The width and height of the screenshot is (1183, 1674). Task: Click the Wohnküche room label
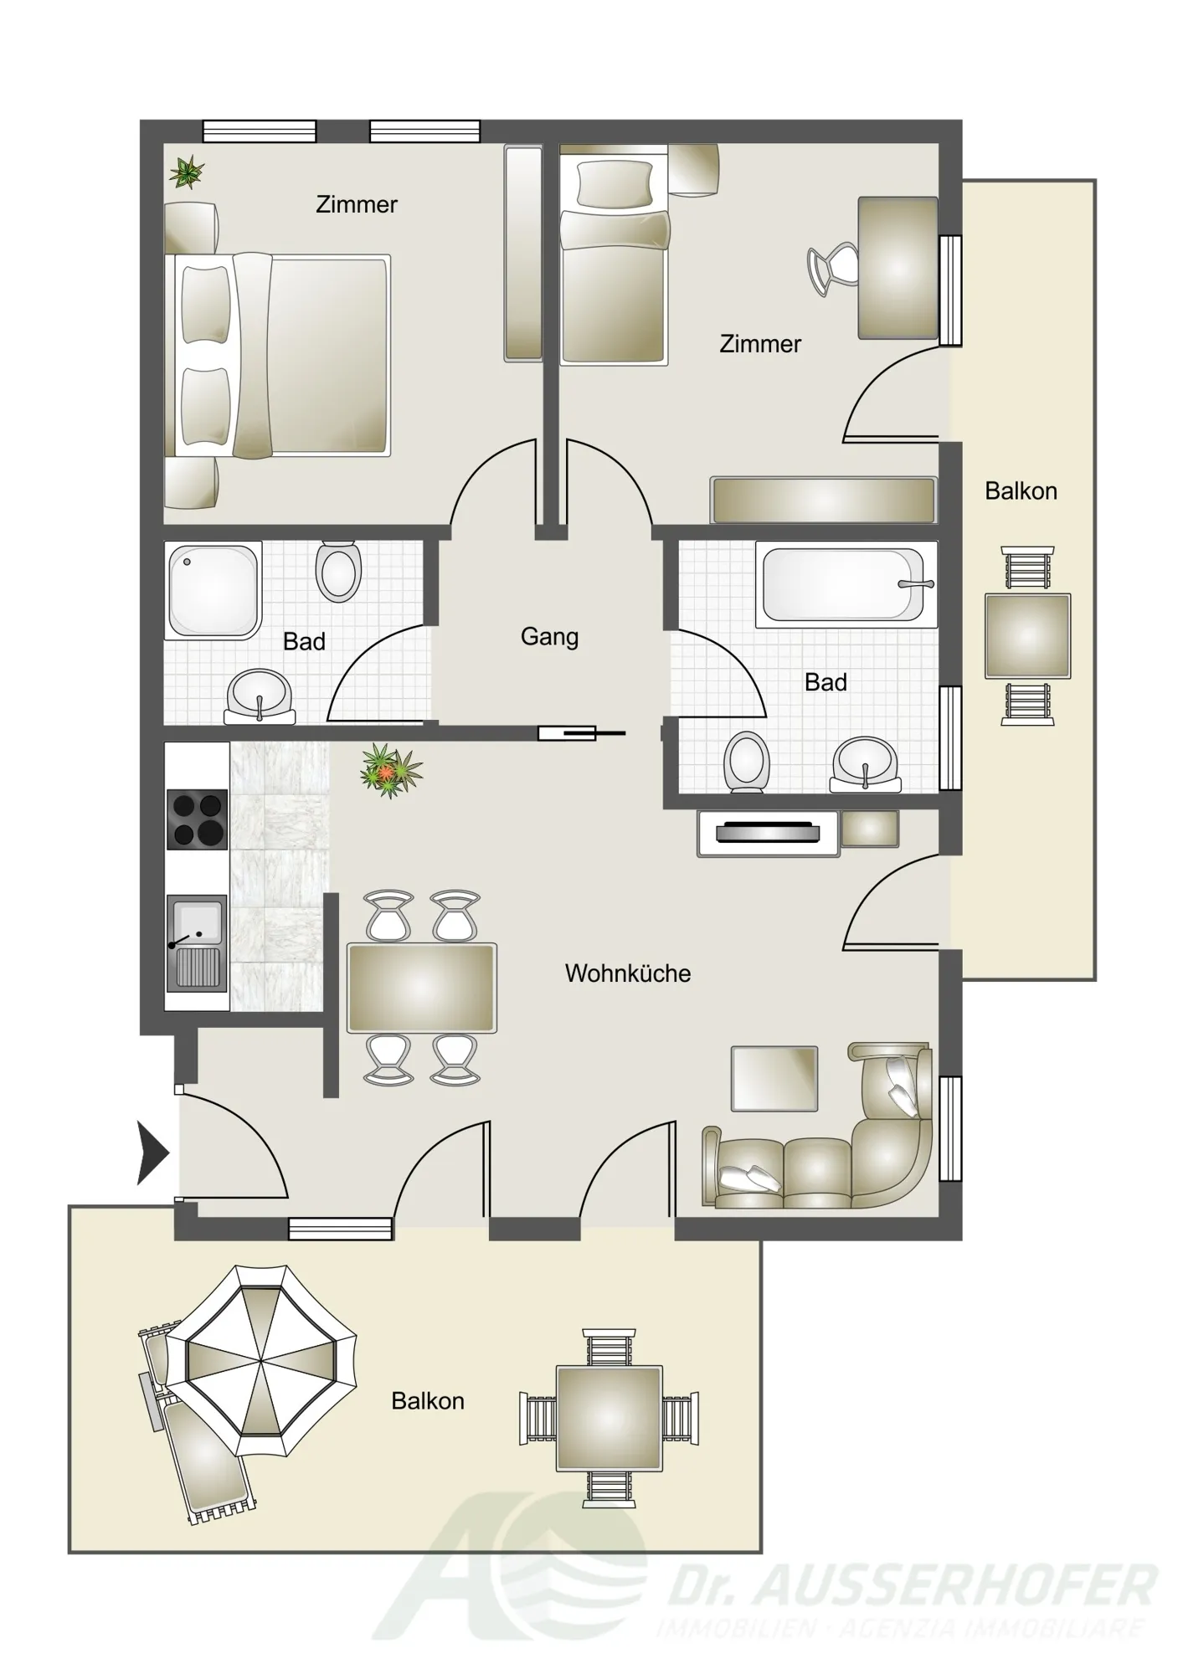(x=627, y=973)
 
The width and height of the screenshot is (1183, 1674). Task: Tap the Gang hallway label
(x=549, y=637)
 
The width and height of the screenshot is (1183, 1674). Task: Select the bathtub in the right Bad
(x=846, y=584)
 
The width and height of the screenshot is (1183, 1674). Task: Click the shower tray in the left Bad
(x=213, y=590)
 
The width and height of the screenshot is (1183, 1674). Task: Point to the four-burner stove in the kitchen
(x=197, y=820)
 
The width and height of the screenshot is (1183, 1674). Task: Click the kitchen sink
(x=197, y=943)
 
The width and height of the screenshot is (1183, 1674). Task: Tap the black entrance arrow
(x=153, y=1154)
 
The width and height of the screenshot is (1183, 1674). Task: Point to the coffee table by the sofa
(x=774, y=1079)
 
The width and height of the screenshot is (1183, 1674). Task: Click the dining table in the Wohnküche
(x=422, y=988)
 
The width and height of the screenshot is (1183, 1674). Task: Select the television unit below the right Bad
(x=768, y=834)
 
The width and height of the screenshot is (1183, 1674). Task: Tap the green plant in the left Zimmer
(x=187, y=172)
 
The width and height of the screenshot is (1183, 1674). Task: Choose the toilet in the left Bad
(x=338, y=572)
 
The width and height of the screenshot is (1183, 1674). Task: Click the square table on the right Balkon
(x=1027, y=635)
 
